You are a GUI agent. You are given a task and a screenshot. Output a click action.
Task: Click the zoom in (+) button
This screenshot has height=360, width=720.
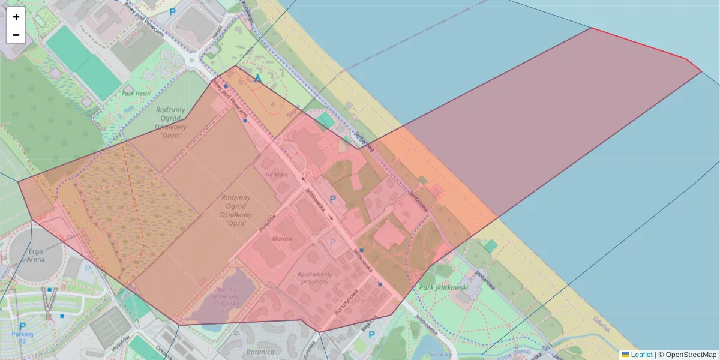16,17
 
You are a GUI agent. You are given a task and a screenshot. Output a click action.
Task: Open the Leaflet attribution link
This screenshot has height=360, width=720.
641,355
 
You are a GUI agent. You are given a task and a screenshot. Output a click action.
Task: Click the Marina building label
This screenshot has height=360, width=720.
281,239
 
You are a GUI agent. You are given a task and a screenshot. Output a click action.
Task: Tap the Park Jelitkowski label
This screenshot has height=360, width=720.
443,287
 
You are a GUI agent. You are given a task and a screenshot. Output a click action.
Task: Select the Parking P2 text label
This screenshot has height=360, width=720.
23,337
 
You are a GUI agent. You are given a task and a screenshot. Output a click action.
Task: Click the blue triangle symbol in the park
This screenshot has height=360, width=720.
258,78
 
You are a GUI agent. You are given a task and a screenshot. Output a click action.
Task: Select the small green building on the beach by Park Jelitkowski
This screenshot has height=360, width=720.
491,246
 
